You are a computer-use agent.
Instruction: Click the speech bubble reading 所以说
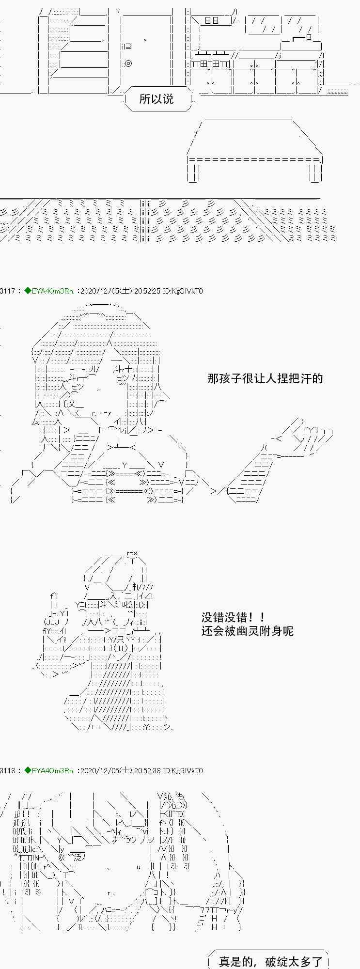tap(156, 99)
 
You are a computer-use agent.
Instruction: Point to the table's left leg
tap(193, 173)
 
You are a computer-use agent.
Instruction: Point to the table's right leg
tap(315, 173)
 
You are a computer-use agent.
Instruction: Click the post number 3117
tap(8, 291)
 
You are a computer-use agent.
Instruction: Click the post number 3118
tap(8, 771)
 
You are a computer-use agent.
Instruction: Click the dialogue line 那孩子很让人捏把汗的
tap(265, 378)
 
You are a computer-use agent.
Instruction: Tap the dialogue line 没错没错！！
tap(233, 618)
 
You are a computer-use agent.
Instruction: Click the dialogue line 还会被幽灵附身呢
tap(247, 631)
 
